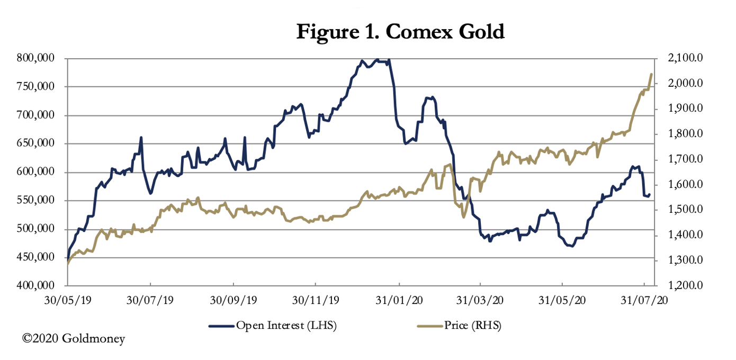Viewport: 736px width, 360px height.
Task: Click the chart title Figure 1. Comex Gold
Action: click(x=400, y=32)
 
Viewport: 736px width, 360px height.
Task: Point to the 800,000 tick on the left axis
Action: click(x=40, y=58)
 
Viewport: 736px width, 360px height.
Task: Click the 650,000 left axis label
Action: click(x=40, y=143)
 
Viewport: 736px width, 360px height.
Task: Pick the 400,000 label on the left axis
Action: click(x=40, y=286)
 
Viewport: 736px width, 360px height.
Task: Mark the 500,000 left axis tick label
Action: click(x=40, y=229)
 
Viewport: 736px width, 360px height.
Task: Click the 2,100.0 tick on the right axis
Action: click(x=687, y=58)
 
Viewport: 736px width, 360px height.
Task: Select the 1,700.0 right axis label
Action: click(x=687, y=160)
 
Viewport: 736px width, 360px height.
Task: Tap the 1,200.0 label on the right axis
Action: click(x=687, y=286)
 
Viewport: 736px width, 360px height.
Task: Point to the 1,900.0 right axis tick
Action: click(x=687, y=109)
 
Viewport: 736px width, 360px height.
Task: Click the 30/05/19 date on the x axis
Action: click(x=68, y=300)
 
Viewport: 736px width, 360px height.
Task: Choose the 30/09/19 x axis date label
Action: click(x=232, y=300)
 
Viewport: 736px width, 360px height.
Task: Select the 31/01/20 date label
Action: click(x=398, y=300)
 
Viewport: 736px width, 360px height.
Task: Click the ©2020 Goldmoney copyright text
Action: click(x=74, y=338)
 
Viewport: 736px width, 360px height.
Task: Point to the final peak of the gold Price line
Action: click(x=651, y=74)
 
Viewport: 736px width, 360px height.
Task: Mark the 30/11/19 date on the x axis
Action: click(x=315, y=300)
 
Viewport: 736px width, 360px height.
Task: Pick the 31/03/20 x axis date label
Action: click(x=480, y=300)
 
